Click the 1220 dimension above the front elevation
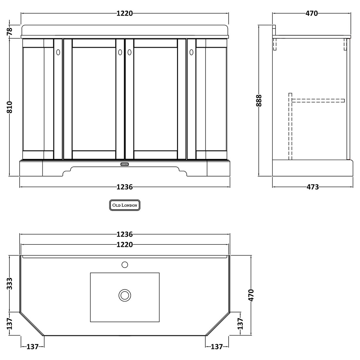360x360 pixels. coord(125,13)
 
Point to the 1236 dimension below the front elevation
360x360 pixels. coord(125,187)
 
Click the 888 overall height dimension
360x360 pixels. coord(259,100)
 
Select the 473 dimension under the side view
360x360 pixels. coord(312,187)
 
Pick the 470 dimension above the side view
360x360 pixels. coord(312,13)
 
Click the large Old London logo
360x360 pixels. coord(125,205)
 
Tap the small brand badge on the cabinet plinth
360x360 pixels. coord(124,164)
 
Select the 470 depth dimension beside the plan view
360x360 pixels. coord(251,295)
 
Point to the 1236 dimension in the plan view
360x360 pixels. coord(125,234)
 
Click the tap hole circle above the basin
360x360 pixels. coord(125,265)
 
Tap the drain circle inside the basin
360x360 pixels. coord(125,295)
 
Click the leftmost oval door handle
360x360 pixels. coord(58,52)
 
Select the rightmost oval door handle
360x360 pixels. coord(191,52)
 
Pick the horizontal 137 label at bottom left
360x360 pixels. coord(32,347)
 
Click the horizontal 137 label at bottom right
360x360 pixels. coord(217,347)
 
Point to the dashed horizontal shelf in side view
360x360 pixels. coord(318,101)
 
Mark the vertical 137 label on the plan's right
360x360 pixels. coord(240,324)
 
